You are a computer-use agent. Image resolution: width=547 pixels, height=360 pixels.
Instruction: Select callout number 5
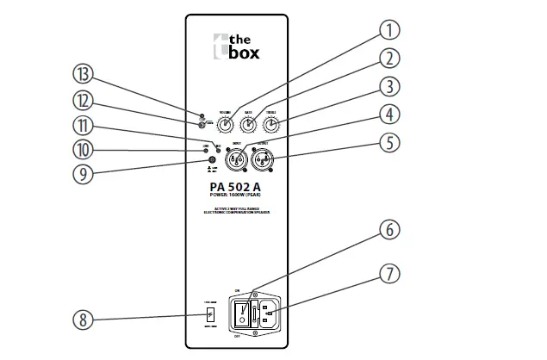click(391, 142)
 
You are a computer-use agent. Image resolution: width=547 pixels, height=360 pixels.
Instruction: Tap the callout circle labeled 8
click(83, 321)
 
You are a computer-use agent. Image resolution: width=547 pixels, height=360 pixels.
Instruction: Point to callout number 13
click(84, 77)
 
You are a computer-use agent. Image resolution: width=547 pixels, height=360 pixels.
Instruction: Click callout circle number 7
click(391, 274)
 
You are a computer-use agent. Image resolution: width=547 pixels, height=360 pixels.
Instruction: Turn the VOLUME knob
click(224, 126)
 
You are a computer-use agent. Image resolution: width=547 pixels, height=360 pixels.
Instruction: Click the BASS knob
click(247, 126)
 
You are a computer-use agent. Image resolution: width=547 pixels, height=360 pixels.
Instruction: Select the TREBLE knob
click(271, 126)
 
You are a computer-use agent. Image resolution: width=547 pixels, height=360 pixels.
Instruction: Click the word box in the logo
click(242, 53)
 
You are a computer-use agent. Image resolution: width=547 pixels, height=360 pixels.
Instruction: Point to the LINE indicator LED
click(205, 150)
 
